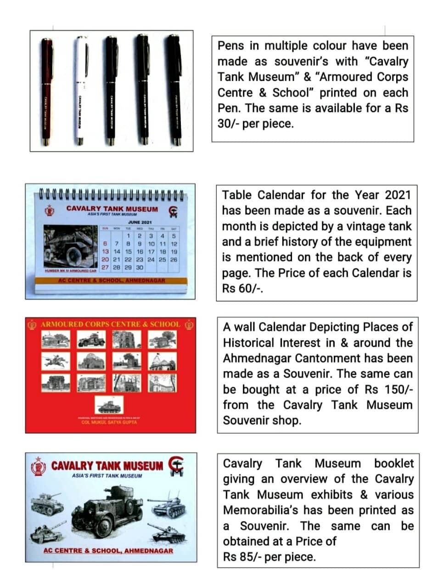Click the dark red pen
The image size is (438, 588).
(x=46, y=92)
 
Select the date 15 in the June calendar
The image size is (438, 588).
(x=128, y=252)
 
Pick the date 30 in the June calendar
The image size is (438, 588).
(x=140, y=267)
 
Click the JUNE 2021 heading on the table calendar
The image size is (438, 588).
(x=140, y=222)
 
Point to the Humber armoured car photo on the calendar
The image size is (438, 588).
(x=70, y=247)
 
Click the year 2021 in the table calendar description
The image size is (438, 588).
(x=397, y=195)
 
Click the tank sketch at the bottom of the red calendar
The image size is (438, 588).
(x=109, y=406)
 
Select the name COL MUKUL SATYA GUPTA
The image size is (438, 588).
(x=109, y=422)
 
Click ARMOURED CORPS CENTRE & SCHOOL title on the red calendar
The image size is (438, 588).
(x=110, y=324)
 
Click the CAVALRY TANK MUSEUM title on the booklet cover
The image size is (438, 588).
(x=107, y=466)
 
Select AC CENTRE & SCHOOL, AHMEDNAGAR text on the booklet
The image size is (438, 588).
(x=108, y=550)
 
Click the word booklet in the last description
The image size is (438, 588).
(x=393, y=464)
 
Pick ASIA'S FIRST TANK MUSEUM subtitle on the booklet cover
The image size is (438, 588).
(x=107, y=476)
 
